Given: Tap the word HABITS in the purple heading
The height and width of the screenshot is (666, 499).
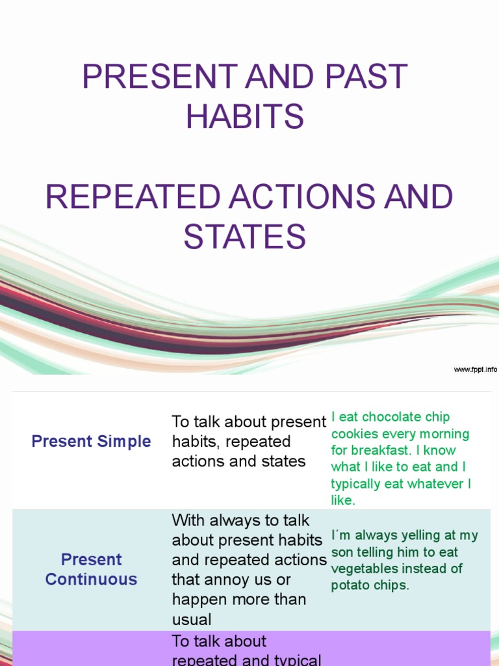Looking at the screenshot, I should pyautogui.click(x=244, y=117).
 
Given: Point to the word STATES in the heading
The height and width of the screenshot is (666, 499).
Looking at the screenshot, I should pyautogui.click(x=244, y=237).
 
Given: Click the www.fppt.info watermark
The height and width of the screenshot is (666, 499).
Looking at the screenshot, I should pyautogui.click(x=475, y=369).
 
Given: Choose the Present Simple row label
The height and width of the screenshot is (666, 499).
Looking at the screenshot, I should pyautogui.click(x=92, y=441).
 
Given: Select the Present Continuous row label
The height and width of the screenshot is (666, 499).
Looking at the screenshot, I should pyautogui.click(x=92, y=569).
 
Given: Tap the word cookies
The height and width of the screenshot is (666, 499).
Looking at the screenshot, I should pyautogui.click(x=355, y=434).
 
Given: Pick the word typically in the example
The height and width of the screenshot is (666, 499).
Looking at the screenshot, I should pyautogui.click(x=355, y=484).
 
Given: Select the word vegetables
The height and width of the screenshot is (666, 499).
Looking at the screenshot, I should pyautogui.click(x=363, y=568).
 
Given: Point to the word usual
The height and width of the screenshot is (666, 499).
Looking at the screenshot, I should pyautogui.click(x=192, y=619).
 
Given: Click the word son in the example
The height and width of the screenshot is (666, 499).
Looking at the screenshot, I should pyautogui.click(x=342, y=552).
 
